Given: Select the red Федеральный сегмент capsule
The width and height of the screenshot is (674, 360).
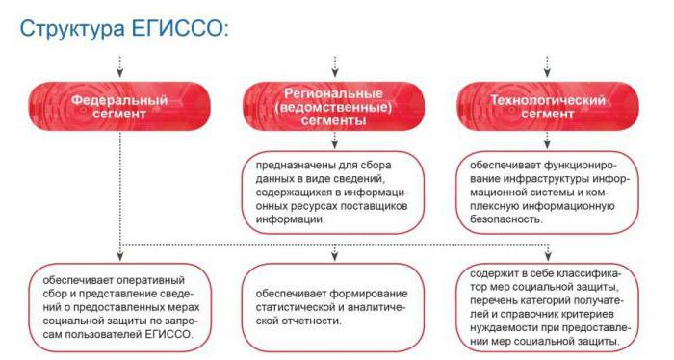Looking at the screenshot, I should [119, 107].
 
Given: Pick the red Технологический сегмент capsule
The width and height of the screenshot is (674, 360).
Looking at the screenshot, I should [547, 107].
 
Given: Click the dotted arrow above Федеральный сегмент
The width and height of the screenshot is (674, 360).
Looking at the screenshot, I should [119, 65].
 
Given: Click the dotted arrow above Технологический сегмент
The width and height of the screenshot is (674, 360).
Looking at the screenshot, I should [547, 65].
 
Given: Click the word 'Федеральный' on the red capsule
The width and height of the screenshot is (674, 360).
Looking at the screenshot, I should [119, 99].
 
